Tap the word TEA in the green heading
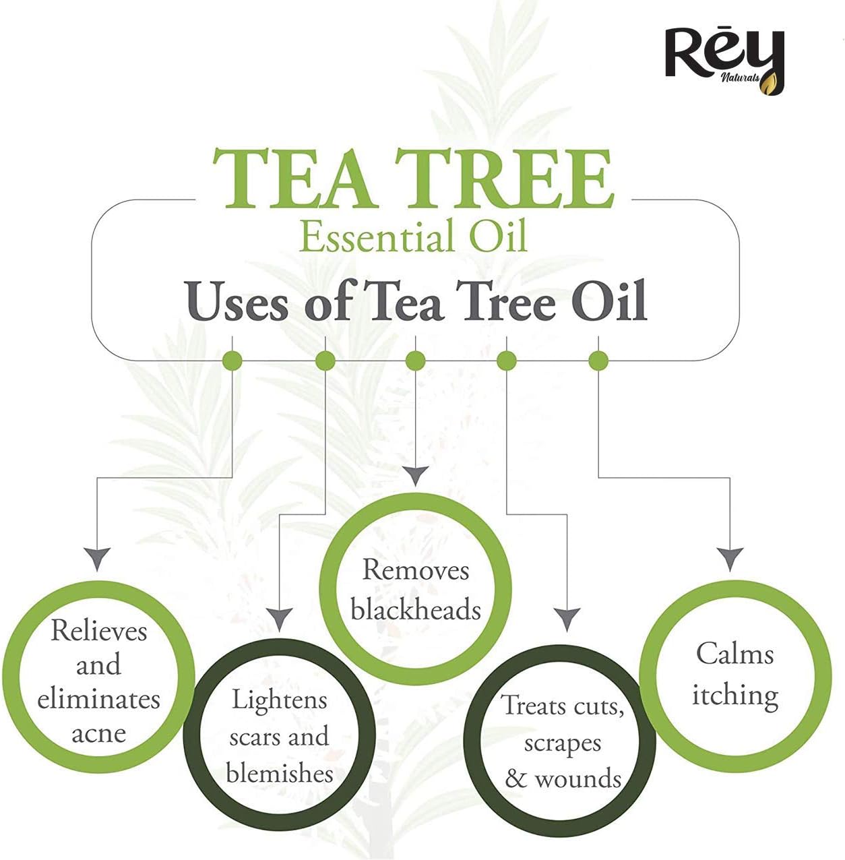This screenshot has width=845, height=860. point(293,178)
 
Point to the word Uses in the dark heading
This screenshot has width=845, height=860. point(237,302)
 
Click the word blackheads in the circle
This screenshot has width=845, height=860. point(416,609)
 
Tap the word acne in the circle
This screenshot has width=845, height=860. point(98,734)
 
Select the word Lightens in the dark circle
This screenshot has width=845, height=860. point(279,700)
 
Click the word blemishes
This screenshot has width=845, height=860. point(280,773)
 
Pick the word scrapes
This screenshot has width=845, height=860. point(563,743)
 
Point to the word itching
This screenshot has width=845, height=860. point(735,695)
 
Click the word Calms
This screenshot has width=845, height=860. point(735,653)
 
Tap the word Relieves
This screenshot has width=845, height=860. point(98,631)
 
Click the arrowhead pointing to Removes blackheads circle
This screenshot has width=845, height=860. point(416,476)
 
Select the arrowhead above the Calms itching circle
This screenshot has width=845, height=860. point(730,559)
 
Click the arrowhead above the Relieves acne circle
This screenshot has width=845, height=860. point(98,559)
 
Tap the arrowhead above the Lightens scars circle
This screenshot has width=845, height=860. point(279,619)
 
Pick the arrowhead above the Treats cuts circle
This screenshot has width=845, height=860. point(567,619)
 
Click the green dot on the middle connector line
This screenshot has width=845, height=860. point(416,361)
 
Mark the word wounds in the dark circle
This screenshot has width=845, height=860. point(577,779)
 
